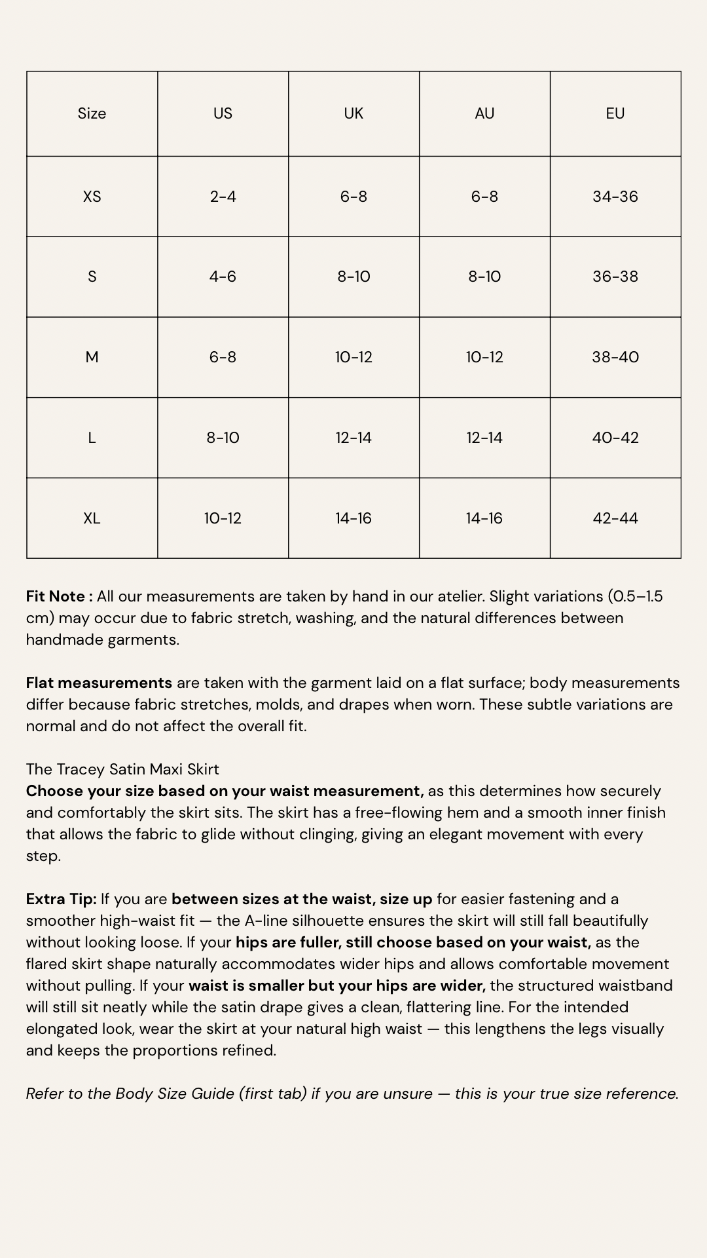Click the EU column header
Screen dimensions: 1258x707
(x=615, y=113)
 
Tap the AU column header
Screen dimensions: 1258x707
(x=484, y=113)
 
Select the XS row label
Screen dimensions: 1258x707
(x=92, y=197)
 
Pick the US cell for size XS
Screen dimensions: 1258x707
(x=223, y=197)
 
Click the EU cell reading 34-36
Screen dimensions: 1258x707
(x=615, y=197)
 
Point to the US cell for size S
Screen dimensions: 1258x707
(x=223, y=276)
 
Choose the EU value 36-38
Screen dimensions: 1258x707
(x=615, y=276)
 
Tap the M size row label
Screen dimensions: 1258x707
(x=92, y=357)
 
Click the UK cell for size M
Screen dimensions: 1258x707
(x=353, y=357)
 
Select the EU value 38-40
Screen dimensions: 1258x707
(x=615, y=357)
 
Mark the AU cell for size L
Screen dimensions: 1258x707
(x=484, y=438)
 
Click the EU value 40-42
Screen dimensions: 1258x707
(x=615, y=438)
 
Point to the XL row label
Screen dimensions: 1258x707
(x=92, y=518)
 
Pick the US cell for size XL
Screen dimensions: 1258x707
(x=223, y=518)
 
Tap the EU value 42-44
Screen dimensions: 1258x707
(x=615, y=518)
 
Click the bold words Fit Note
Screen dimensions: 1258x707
(x=56, y=596)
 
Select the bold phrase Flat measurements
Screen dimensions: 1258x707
(x=99, y=683)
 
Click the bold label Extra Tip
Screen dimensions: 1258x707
(x=61, y=899)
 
